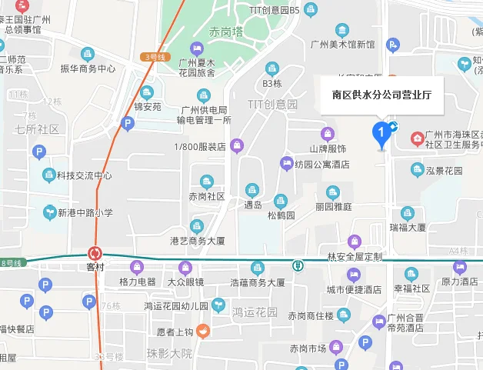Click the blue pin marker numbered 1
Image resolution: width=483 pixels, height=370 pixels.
point(380,135)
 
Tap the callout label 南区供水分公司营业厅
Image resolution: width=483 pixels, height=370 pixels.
point(381,96)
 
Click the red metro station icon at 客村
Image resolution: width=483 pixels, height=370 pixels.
point(95,253)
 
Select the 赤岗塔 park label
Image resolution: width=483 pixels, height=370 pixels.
point(225,32)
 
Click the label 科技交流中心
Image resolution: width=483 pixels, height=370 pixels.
point(84,175)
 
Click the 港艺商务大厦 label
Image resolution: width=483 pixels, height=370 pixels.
point(198,241)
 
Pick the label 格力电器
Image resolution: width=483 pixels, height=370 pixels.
point(138,282)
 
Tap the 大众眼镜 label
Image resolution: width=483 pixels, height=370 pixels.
point(185,282)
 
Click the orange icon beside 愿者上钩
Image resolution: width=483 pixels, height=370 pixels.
point(203,332)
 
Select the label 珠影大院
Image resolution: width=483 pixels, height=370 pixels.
point(169,353)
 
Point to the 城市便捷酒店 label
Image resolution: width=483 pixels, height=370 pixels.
point(354,289)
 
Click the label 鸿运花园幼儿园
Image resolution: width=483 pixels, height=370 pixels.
point(176,305)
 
